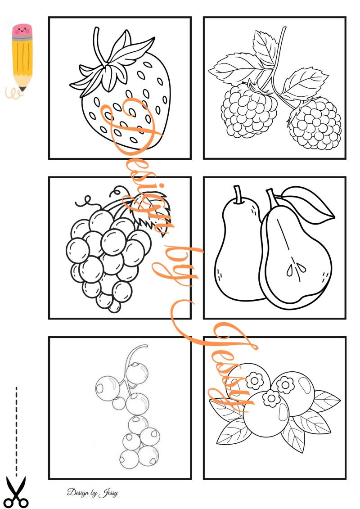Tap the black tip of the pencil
tap(22, 89)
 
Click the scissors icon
tap(17, 492)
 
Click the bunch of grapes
tap(109, 257)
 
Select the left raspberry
tap(249, 110)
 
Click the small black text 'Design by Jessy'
tap(93, 492)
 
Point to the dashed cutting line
tap(16, 428)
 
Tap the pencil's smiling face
tap(22, 31)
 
